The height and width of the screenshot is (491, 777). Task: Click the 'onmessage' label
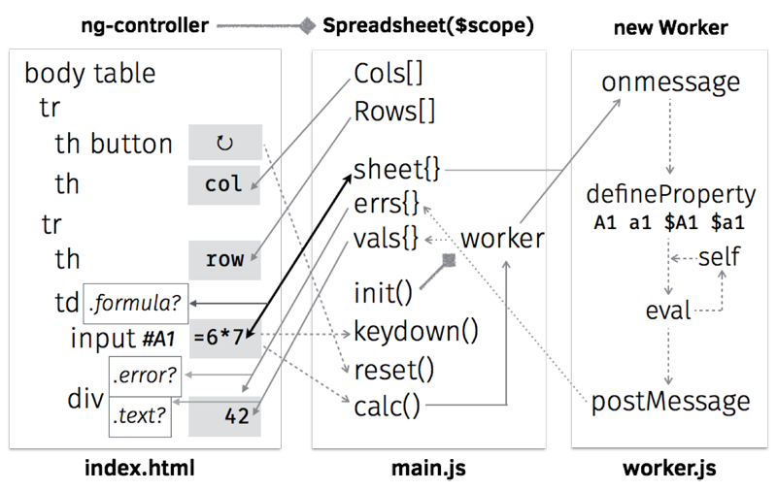click(x=670, y=83)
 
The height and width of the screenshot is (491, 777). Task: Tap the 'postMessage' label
click(x=670, y=401)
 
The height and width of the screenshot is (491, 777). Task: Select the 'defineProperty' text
click(x=670, y=195)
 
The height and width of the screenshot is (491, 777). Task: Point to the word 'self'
click(x=719, y=257)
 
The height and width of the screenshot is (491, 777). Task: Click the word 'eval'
click(x=668, y=311)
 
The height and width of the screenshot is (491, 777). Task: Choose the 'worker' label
click(x=502, y=239)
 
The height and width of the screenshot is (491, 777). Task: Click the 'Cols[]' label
click(x=389, y=74)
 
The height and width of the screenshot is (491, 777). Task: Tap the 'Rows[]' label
click(x=394, y=111)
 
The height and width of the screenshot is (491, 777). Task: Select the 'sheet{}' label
click(x=397, y=170)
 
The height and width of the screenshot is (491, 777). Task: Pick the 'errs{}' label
click(x=387, y=204)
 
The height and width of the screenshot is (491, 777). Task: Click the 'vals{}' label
click(x=387, y=238)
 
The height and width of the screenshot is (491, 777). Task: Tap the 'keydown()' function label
click(x=417, y=331)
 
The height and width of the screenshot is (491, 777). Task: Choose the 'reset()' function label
click(x=393, y=369)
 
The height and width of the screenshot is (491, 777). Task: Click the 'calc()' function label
click(x=388, y=407)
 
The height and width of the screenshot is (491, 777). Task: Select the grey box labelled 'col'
click(x=224, y=184)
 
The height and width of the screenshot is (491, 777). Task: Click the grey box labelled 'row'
click(x=224, y=259)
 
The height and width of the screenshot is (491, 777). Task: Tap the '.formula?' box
click(x=136, y=303)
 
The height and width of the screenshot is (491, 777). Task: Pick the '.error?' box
click(x=145, y=375)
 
